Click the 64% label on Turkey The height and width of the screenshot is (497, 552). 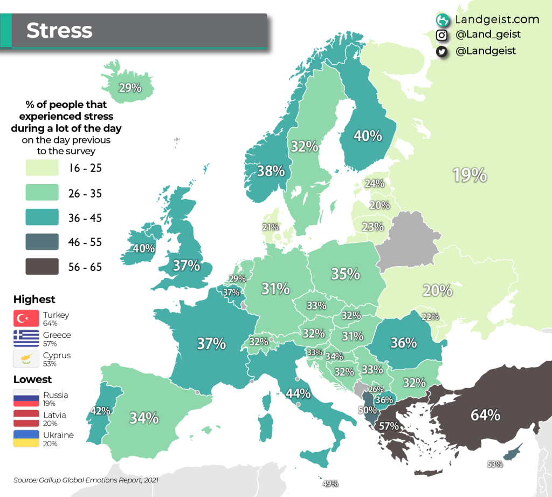[485, 415]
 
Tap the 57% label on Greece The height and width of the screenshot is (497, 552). [388, 426]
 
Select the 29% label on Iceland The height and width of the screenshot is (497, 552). [130, 87]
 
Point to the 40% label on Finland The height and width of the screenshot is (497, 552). [368, 135]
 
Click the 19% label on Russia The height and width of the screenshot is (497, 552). [470, 175]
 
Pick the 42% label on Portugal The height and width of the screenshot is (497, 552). [100, 410]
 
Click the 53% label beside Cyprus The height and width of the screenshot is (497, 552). [495, 464]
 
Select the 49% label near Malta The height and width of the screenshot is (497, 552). [330, 484]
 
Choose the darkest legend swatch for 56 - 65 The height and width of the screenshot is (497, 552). [42, 267]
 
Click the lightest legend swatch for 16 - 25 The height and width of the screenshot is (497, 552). [42, 168]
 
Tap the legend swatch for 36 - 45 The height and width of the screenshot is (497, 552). [42, 217]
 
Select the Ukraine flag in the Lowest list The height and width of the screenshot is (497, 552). [26, 439]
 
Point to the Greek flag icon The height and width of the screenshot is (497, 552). [26, 338]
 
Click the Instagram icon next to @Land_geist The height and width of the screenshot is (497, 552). [442, 35]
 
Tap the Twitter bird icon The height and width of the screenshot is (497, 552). [442, 51]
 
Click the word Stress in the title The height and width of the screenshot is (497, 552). [59, 31]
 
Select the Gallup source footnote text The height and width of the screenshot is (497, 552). [86, 479]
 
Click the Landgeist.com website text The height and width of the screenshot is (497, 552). [496, 19]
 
